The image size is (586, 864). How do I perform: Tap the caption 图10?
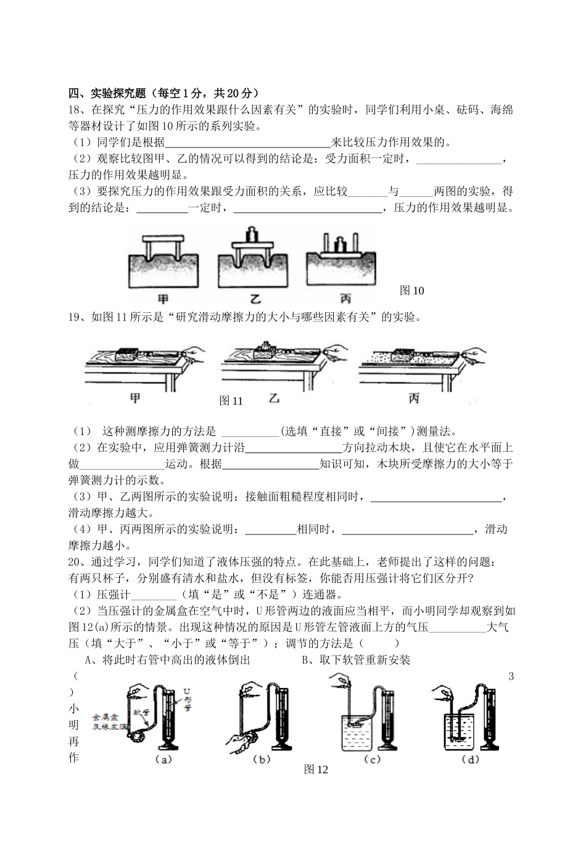411,290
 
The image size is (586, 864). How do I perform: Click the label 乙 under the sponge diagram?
254,299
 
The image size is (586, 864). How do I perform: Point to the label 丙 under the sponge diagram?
345,299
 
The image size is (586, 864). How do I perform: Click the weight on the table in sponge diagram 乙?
251,235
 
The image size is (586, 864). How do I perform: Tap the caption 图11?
231,401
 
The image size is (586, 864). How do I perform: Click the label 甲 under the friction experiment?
135,397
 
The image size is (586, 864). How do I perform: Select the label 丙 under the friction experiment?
414,399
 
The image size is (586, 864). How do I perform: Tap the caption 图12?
316,769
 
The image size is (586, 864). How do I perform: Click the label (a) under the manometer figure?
163,759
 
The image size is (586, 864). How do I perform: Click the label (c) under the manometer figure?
372,759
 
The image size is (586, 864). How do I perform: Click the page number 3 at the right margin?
511,676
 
